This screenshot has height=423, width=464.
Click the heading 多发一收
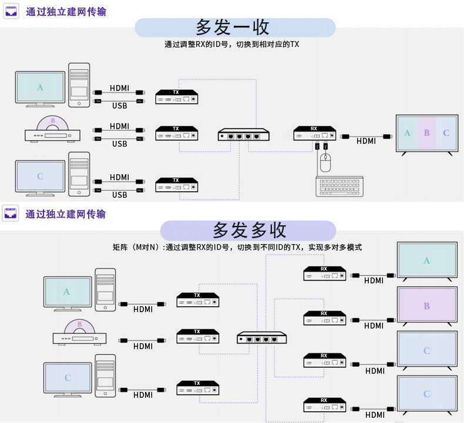point(234,28)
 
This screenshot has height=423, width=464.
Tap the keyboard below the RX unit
point(339,187)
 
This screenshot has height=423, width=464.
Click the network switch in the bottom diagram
point(262,338)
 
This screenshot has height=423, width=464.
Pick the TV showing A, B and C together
point(426,134)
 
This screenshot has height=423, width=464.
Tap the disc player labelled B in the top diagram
point(52,131)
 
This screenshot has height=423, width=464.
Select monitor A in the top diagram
point(41,89)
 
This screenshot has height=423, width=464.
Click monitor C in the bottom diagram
point(68,378)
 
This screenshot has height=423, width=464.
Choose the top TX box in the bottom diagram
point(198,300)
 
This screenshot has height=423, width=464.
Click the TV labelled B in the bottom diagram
point(427,306)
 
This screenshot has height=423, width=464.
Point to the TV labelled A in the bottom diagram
point(427,261)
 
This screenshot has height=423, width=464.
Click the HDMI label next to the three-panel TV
point(366,141)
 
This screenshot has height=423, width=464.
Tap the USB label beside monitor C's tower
point(120,195)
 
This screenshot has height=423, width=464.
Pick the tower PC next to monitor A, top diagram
point(79,85)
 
